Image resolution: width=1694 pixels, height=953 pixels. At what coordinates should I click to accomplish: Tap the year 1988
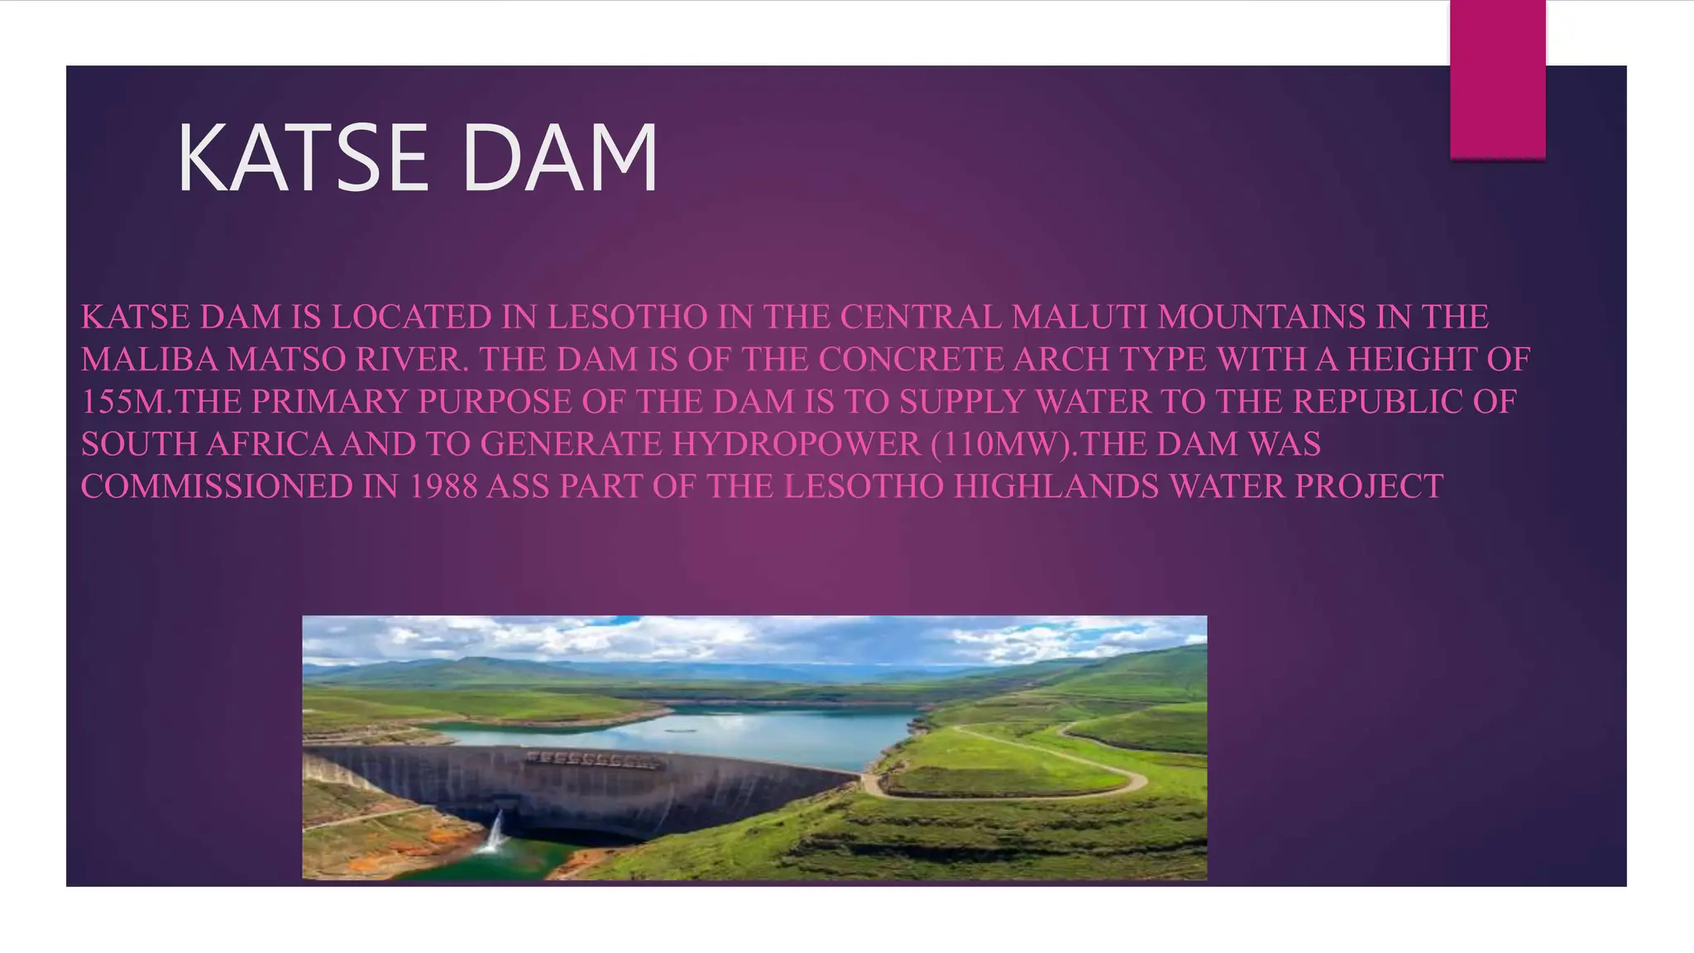pos(443,487)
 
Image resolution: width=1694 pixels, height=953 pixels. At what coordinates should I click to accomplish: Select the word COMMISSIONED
pos(217,487)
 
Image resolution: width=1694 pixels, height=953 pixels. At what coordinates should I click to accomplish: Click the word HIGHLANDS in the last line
pos(1056,487)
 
